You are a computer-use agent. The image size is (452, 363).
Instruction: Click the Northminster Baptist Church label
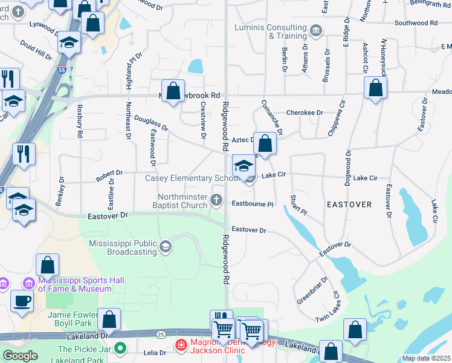(x=183, y=201)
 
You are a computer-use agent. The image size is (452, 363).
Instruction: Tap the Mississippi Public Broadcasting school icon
(x=166, y=246)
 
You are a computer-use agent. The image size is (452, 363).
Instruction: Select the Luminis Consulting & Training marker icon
(x=315, y=30)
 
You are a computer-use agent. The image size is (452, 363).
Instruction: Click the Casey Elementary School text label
(x=193, y=178)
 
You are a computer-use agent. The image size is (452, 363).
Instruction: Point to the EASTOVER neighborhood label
(x=349, y=204)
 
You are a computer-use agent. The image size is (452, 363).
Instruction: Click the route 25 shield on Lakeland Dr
(x=160, y=333)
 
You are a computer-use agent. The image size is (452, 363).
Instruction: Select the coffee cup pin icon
(x=22, y=300)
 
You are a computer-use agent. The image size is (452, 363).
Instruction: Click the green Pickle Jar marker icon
(x=120, y=348)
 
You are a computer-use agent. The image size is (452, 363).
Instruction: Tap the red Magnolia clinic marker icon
(x=180, y=345)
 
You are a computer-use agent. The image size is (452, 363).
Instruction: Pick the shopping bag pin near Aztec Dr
(x=265, y=143)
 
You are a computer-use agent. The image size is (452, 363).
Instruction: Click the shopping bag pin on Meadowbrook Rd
(x=173, y=92)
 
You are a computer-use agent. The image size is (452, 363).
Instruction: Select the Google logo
(x=19, y=355)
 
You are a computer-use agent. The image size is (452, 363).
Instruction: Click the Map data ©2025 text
(x=427, y=358)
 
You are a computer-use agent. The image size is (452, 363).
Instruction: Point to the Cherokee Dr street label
(x=305, y=113)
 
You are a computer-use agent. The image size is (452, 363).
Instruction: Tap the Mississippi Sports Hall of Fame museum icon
(x=28, y=283)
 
